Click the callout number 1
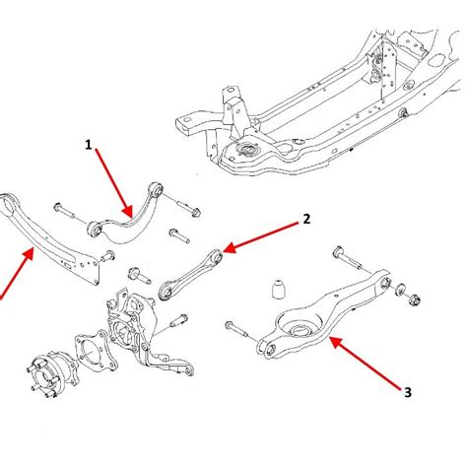(x=88, y=145)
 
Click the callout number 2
(x=306, y=219)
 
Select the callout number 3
(x=408, y=392)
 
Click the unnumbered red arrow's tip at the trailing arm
(x=33, y=249)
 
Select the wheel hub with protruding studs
(x=52, y=374)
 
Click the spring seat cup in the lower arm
(x=299, y=325)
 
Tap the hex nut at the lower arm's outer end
(x=415, y=299)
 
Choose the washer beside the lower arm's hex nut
(x=400, y=290)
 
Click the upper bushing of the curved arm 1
(x=156, y=189)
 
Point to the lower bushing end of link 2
(x=167, y=291)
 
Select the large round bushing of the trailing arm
(x=9, y=205)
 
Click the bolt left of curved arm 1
(x=65, y=212)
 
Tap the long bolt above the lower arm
(x=349, y=259)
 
